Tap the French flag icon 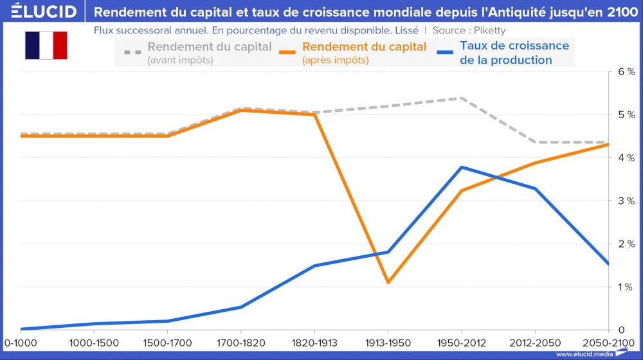tap(46, 46)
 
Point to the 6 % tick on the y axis tap(626, 71)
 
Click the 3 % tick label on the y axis tap(626, 201)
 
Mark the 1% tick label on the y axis tap(626, 287)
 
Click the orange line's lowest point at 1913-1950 tap(388, 282)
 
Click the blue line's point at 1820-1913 tap(314, 265)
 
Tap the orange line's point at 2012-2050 tap(535, 163)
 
